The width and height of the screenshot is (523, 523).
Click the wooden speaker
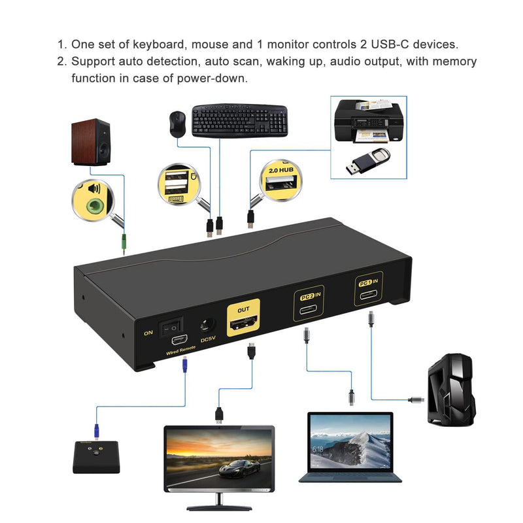point(91,142)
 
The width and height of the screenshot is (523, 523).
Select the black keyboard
point(239,120)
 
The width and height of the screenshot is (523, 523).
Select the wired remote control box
point(96,455)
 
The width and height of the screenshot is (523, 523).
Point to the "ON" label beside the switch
point(149,333)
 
